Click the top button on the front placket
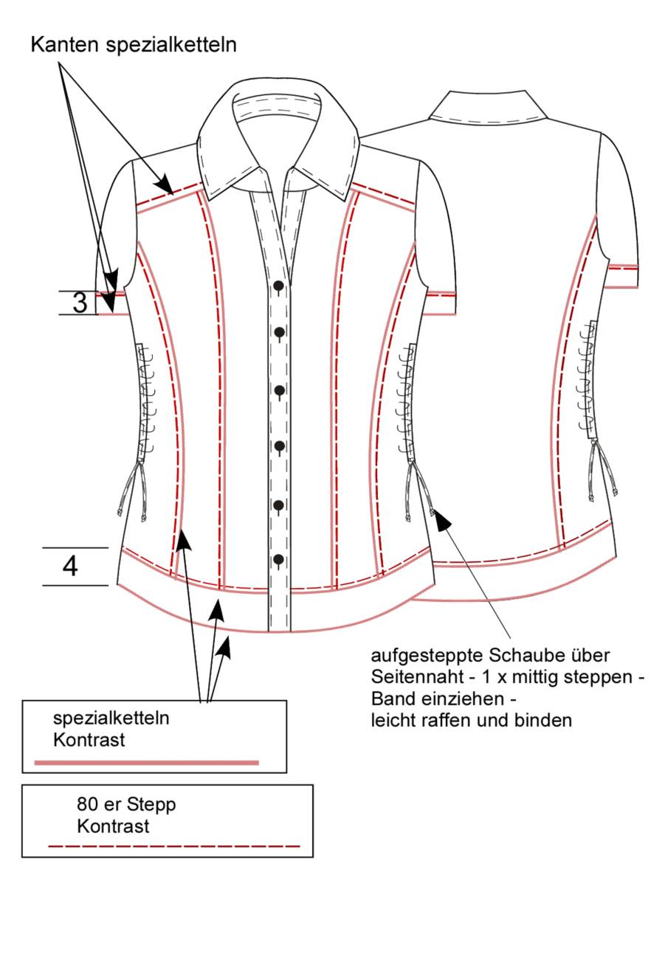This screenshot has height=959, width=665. click(x=278, y=285)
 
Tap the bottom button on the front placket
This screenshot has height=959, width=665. click(x=278, y=558)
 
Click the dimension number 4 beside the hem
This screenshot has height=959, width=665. click(x=70, y=567)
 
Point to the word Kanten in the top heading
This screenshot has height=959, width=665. click(x=64, y=45)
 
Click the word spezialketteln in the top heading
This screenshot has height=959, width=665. click(x=171, y=45)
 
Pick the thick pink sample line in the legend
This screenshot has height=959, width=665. click(x=147, y=763)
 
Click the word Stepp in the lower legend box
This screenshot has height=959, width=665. click(x=151, y=806)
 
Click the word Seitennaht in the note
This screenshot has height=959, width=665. click(x=416, y=677)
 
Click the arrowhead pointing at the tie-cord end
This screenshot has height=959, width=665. click(x=442, y=520)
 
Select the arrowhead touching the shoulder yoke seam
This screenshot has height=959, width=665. click(x=164, y=185)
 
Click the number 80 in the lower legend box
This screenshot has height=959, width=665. click(x=86, y=804)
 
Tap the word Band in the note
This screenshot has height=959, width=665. click(x=390, y=699)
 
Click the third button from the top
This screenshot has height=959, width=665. click(x=280, y=390)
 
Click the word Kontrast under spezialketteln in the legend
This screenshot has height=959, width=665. click(x=89, y=740)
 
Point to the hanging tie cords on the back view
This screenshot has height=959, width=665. click(x=603, y=470)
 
